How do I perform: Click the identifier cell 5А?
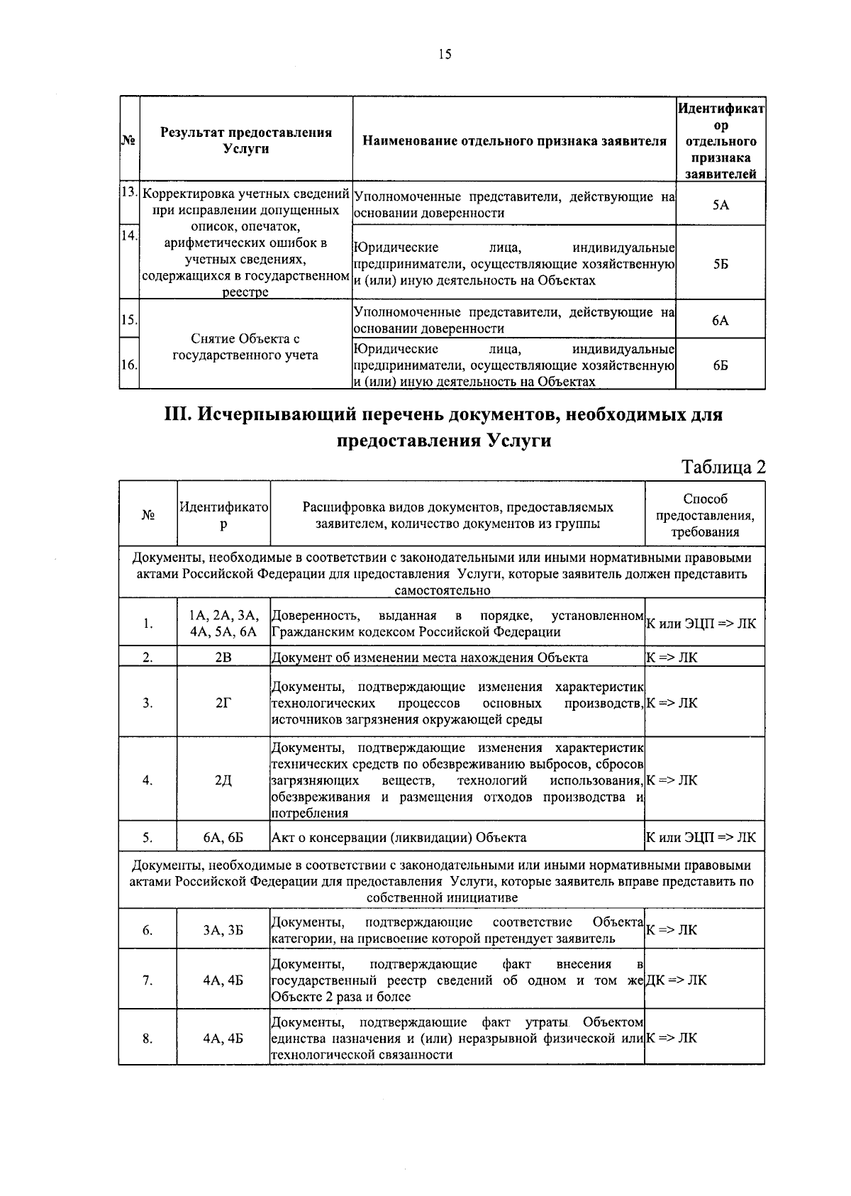point(720,205)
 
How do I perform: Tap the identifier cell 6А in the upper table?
point(720,321)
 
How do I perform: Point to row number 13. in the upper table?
point(128,193)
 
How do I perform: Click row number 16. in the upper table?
point(128,365)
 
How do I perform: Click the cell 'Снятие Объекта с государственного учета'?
point(245,347)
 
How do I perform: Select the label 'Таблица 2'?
point(723,467)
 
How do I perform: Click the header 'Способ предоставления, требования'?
point(705,516)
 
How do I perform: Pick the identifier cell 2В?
point(223,657)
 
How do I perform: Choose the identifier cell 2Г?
point(223,703)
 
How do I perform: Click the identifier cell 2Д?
point(223,780)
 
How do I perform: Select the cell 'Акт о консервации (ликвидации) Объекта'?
point(399,837)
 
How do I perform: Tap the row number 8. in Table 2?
point(148,1039)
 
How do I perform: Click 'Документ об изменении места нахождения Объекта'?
point(430,657)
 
